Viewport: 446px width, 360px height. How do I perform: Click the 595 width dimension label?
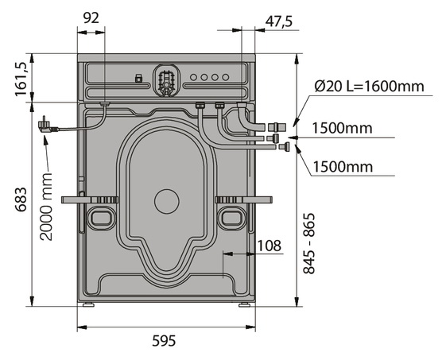pyautogui.click(x=164, y=340)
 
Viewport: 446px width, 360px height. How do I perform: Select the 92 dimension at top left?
pyautogui.click(x=91, y=18)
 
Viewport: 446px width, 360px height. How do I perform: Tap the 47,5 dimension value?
pyautogui.click(x=279, y=21)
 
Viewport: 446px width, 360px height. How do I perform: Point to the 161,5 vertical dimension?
pyautogui.click(x=21, y=79)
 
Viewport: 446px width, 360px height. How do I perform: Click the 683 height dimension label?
pyautogui.click(x=21, y=199)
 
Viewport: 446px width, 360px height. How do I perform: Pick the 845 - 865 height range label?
pyautogui.click(x=309, y=243)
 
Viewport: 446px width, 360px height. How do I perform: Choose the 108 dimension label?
pyautogui.click(x=269, y=246)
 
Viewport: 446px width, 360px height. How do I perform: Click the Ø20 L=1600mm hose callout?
pyautogui.click(x=369, y=86)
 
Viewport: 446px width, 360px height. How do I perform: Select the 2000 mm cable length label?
pyautogui.click(x=46, y=206)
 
